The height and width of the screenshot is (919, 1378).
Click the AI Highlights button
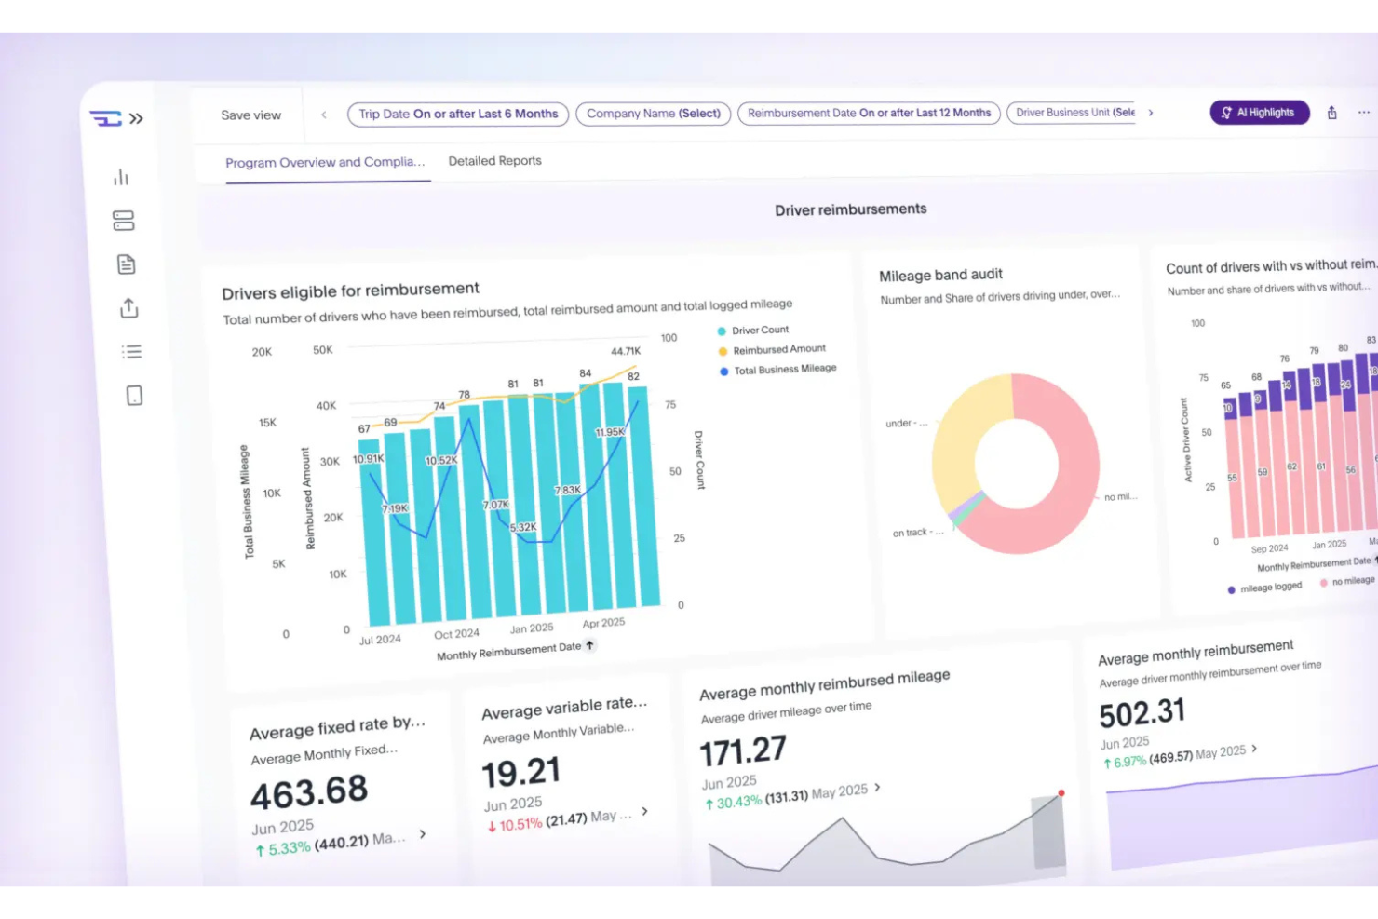(1259, 113)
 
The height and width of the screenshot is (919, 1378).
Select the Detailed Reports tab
(494, 161)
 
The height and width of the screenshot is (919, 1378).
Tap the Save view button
(250, 115)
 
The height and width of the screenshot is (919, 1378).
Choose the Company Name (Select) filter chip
(653, 114)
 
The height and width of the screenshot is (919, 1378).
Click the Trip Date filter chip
(457, 114)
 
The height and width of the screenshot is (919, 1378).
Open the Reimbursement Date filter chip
(869, 113)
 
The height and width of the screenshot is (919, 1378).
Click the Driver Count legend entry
(759, 331)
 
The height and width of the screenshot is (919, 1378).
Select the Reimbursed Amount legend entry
(778, 350)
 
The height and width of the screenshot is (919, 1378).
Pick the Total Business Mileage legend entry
(784, 370)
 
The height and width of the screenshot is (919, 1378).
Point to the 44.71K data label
(626, 351)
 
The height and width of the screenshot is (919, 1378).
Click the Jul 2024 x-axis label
(380, 640)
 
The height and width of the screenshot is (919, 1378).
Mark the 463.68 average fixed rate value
(309, 793)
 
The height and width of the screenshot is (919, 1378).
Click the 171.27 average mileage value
(743, 751)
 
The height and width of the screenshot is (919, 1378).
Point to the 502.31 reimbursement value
(1142, 713)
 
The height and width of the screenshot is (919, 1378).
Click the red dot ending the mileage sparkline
(1061, 793)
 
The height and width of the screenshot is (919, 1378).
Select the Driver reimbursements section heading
(850, 209)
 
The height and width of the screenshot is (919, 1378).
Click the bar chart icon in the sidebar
(121, 177)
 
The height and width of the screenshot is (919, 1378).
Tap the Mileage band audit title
(940, 275)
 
